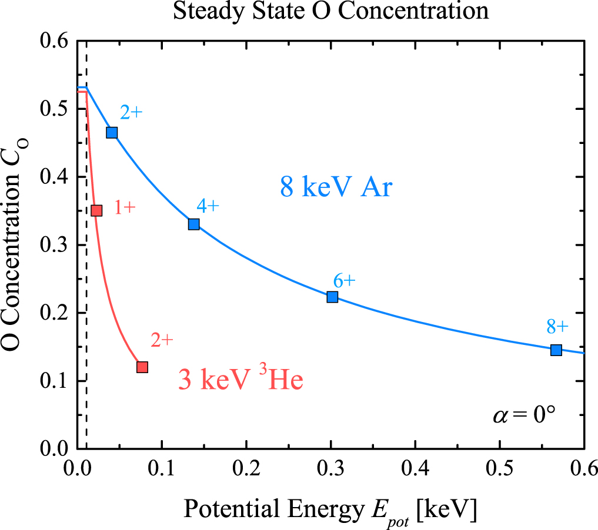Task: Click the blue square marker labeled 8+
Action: click(556, 350)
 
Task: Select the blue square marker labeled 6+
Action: click(332, 297)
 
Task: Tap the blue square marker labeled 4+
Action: click(193, 224)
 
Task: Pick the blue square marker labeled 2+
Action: click(112, 132)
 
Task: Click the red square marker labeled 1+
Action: click(97, 210)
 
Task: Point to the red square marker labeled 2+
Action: click(142, 367)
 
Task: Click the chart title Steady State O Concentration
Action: click(330, 11)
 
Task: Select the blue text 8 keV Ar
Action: click(335, 189)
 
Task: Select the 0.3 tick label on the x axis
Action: click(330, 470)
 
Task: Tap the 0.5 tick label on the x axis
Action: click(499, 470)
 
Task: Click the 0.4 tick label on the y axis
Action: click(54, 177)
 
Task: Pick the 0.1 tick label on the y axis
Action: click(54, 381)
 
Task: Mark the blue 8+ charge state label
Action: click(557, 327)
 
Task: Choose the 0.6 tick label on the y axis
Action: click(54, 41)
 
